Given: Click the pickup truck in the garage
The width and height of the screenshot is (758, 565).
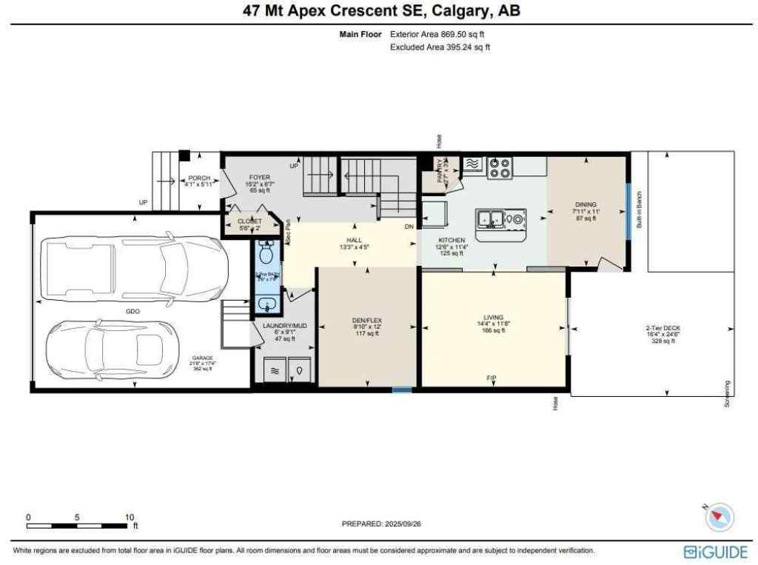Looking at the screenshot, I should tap(134, 269).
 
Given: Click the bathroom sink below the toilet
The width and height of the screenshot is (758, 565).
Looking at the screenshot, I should tap(266, 304).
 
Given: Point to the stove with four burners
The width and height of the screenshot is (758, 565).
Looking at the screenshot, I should tap(500, 168).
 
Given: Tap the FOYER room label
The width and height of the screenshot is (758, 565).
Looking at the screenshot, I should tap(259, 178).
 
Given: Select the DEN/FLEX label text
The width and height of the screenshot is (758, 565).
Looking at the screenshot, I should tap(367, 321).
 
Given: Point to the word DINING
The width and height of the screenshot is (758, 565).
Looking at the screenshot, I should tap(586, 204).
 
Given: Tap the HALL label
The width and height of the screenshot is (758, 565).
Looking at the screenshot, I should tap(354, 241).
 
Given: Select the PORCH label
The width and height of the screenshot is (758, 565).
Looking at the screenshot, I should tap(198, 178).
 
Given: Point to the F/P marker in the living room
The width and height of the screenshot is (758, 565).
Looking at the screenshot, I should tap(491, 378).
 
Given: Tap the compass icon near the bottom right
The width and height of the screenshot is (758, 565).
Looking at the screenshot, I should tap(720, 517).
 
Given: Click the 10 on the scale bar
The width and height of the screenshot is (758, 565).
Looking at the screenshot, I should tap(129, 517).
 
